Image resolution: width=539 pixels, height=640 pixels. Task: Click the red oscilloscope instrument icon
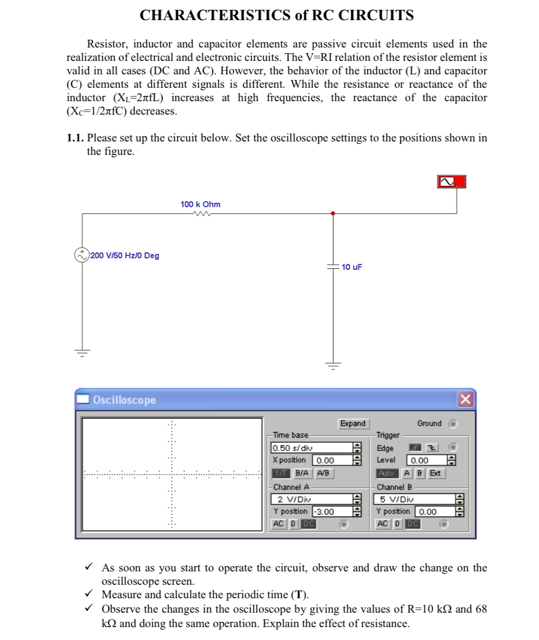pyautogui.click(x=452, y=182)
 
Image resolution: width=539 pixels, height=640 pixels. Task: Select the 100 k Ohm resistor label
pyautogui.click(x=200, y=204)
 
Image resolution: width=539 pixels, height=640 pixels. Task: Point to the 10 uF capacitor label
pyautogui.click(x=352, y=267)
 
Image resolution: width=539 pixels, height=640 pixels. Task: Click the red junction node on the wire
pyautogui.click(x=333, y=213)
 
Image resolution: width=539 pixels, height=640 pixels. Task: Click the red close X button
pyautogui.click(x=465, y=399)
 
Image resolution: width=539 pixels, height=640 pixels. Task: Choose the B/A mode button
pyautogui.click(x=302, y=473)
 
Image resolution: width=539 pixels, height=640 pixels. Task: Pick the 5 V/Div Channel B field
pyautogui.click(x=414, y=499)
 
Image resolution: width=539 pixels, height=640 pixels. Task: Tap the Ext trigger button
pyautogui.click(x=435, y=473)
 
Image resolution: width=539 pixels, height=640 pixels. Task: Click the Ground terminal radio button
pyautogui.click(x=452, y=424)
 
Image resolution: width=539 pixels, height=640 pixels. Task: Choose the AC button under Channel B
pyautogui.click(x=382, y=524)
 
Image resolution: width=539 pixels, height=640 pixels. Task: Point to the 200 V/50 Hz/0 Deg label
pyautogui.click(x=125, y=255)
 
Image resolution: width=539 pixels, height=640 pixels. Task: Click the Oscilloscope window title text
pyautogui.click(x=124, y=400)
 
